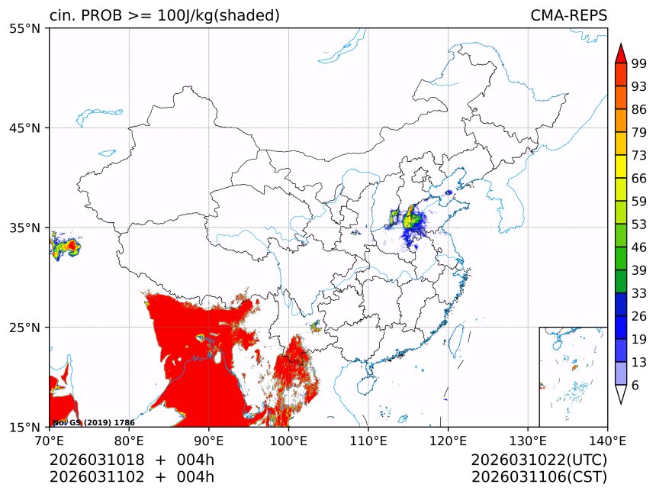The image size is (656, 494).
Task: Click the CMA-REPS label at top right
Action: click(x=568, y=15)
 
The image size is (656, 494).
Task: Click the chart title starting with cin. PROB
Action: click(x=164, y=15)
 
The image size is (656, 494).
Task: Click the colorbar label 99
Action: click(x=640, y=64)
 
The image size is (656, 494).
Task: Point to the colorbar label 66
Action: click(x=640, y=179)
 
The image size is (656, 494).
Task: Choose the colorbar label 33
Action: click(x=640, y=293)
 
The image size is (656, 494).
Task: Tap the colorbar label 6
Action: click(x=636, y=386)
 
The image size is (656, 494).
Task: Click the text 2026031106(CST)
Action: click(x=539, y=477)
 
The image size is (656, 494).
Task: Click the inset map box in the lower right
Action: click(x=573, y=376)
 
